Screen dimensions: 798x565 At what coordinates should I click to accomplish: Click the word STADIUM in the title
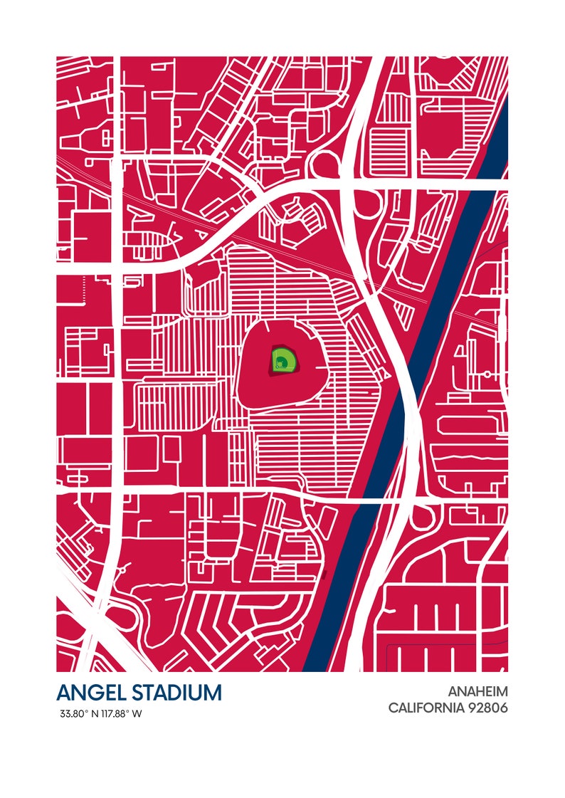pos(174,692)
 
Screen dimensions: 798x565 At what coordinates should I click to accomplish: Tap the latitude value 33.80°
pos(74,714)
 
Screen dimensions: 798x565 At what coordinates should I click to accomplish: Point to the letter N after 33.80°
pos(93,714)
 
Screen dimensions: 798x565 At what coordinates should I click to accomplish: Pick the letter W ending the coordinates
pos(137,714)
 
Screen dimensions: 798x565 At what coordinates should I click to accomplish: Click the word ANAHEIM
pos(477,691)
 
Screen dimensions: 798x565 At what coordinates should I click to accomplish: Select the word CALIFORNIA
pos(426,708)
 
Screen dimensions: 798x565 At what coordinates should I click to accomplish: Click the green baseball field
pos(282,359)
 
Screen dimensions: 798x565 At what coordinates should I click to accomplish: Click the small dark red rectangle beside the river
pos(324,574)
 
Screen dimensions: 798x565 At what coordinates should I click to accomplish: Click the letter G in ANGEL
pos(95,692)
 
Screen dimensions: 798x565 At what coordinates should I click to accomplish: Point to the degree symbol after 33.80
pos(87,711)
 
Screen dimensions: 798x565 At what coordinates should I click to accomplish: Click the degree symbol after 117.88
pos(129,711)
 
